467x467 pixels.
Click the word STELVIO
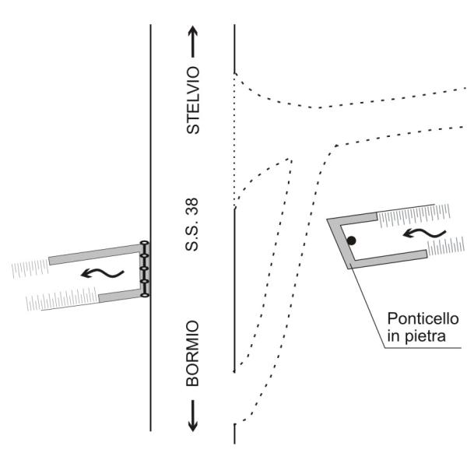pos(193,100)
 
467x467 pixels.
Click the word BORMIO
pos(193,353)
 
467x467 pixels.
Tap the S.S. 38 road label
pos(191,225)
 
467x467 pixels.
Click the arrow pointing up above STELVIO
pos(193,41)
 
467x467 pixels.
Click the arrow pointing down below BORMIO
pos(193,416)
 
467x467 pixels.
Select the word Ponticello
pos(423,319)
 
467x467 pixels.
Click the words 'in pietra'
pos(416,336)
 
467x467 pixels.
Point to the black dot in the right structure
pos(352,241)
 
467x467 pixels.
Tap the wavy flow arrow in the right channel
pos(424,233)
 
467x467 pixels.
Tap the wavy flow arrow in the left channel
pos(103,273)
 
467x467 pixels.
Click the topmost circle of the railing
pos(144,243)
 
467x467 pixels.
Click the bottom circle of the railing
pos(145,295)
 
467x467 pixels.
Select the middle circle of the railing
pos(145,269)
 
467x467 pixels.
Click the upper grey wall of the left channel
pos(95,255)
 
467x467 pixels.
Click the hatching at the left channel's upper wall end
pos(30,269)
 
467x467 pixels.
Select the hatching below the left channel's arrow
pos(62,299)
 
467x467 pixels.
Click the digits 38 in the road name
pos(191,206)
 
